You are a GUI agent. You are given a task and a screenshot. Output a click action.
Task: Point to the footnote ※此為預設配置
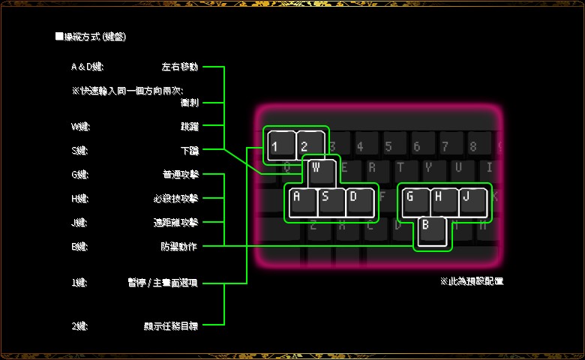(472, 281)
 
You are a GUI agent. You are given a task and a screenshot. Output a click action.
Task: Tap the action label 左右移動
(180, 67)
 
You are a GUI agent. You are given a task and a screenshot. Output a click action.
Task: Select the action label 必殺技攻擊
(175, 199)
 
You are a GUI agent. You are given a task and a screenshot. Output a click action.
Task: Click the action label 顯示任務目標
(171, 325)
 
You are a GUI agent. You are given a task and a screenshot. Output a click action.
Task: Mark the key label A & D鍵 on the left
(88, 67)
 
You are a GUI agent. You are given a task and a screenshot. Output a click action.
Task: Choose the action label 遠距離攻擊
(175, 223)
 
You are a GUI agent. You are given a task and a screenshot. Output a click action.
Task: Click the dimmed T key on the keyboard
(400, 166)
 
